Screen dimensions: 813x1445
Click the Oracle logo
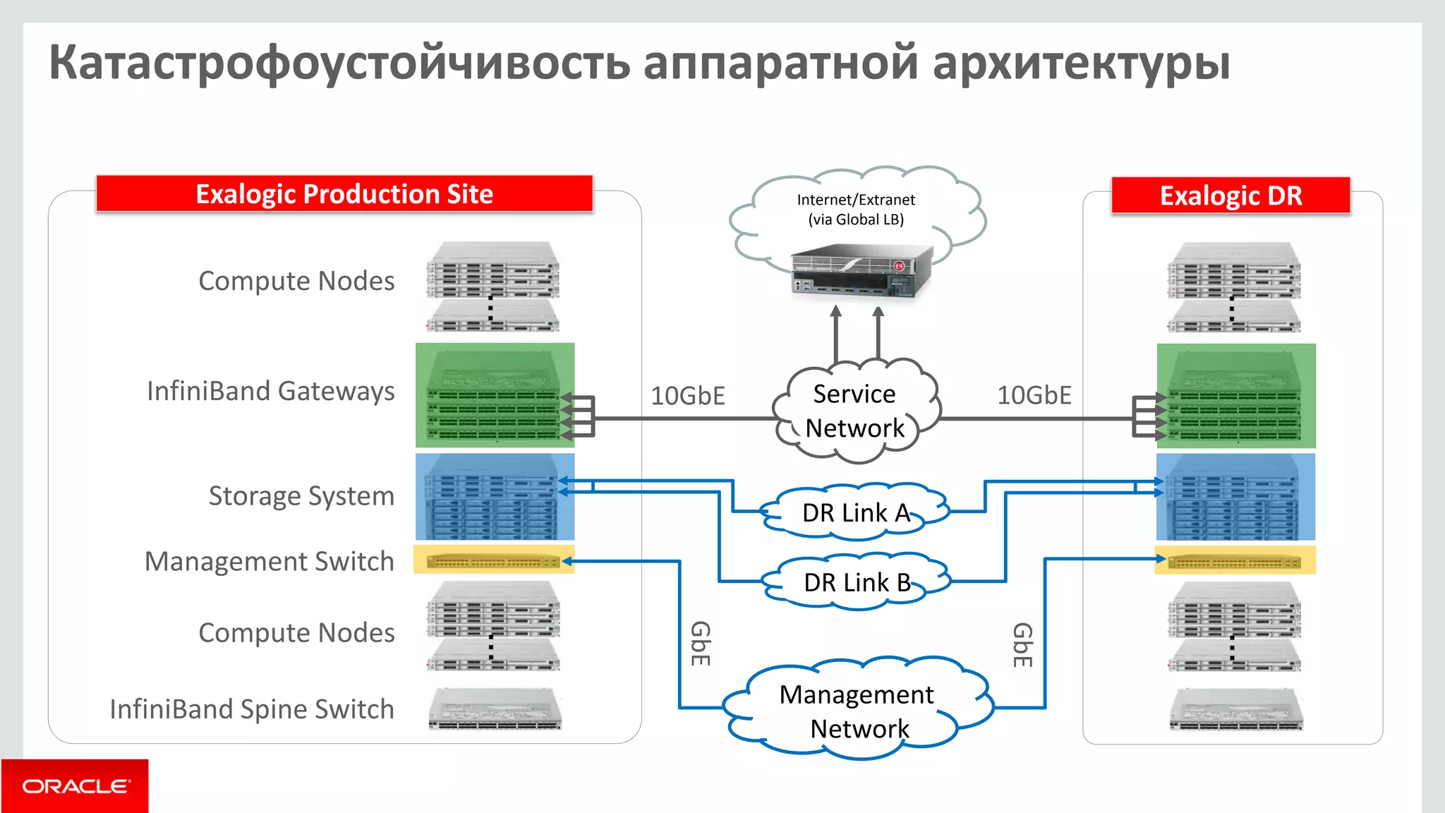(x=75, y=786)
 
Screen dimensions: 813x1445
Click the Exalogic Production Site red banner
(x=344, y=194)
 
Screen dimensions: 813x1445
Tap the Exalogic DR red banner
(x=1231, y=195)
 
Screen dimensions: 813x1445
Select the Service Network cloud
(x=855, y=411)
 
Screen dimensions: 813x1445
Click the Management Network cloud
(x=858, y=711)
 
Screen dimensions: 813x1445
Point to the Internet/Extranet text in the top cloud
(x=856, y=200)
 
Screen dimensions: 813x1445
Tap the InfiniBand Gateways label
(x=270, y=391)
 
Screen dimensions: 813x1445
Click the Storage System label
(x=301, y=496)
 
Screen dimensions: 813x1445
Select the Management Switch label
(x=269, y=562)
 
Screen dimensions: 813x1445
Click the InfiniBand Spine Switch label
(x=252, y=709)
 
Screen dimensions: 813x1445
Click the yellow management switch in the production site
(x=493, y=561)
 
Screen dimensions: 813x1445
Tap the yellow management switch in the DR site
(x=1234, y=562)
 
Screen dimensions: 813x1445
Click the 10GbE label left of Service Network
(x=687, y=396)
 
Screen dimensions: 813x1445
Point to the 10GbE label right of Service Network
(x=1034, y=395)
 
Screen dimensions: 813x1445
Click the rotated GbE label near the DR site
(x=1022, y=644)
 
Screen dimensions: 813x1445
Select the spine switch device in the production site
(x=495, y=710)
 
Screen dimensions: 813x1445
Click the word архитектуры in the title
(x=1081, y=64)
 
